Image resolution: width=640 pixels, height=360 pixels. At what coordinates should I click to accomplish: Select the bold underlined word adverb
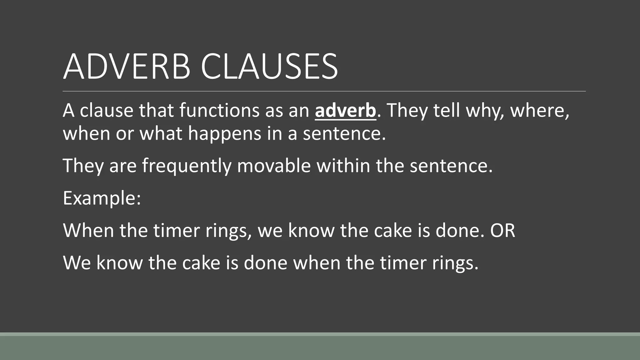pyautogui.click(x=345, y=111)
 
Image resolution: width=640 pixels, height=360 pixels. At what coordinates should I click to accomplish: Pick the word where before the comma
pyautogui.click(x=539, y=111)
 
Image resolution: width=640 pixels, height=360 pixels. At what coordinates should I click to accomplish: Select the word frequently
pyautogui.click(x=187, y=166)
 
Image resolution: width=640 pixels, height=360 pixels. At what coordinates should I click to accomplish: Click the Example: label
pyautogui.click(x=102, y=198)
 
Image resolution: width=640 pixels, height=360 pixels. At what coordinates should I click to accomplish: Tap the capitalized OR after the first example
pyautogui.click(x=502, y=231)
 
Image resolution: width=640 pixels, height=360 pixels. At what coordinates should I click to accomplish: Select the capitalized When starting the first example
pyautogui.click(x=88, y=231)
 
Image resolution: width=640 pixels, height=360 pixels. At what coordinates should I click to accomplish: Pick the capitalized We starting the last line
pyautogui.click(x=77, y=263)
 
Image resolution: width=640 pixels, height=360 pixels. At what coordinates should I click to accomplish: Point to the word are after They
pyautogui.click(x=123, y=166)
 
